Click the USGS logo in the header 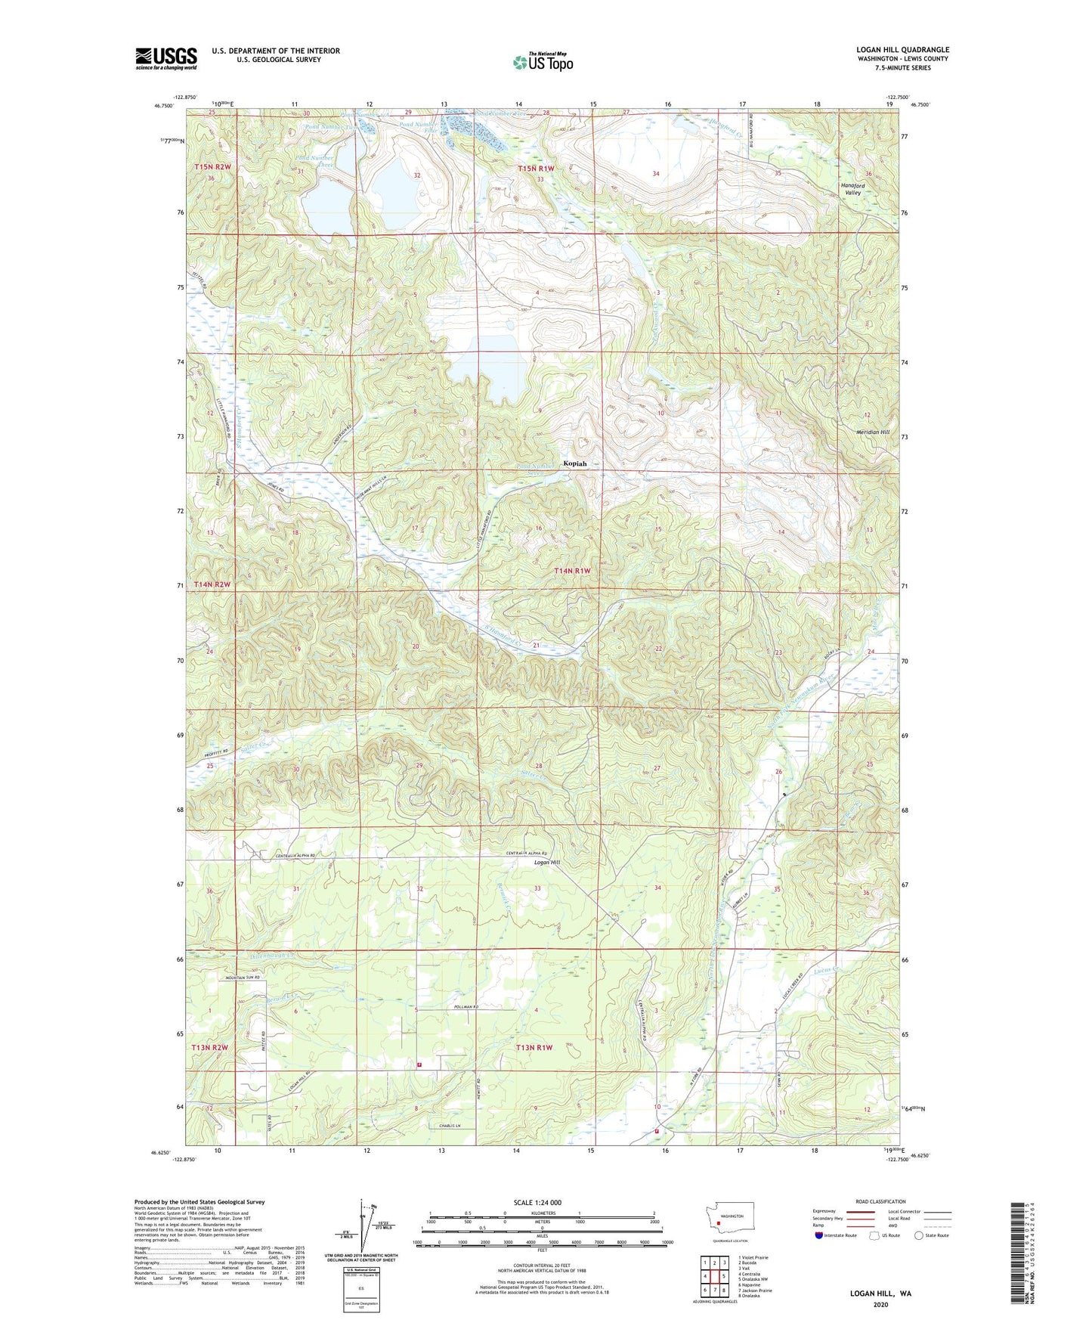[166, 57]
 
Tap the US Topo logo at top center [543, 62]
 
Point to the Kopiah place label [574, 463]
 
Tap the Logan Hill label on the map [547, 863]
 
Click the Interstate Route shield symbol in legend [819, 1235]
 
